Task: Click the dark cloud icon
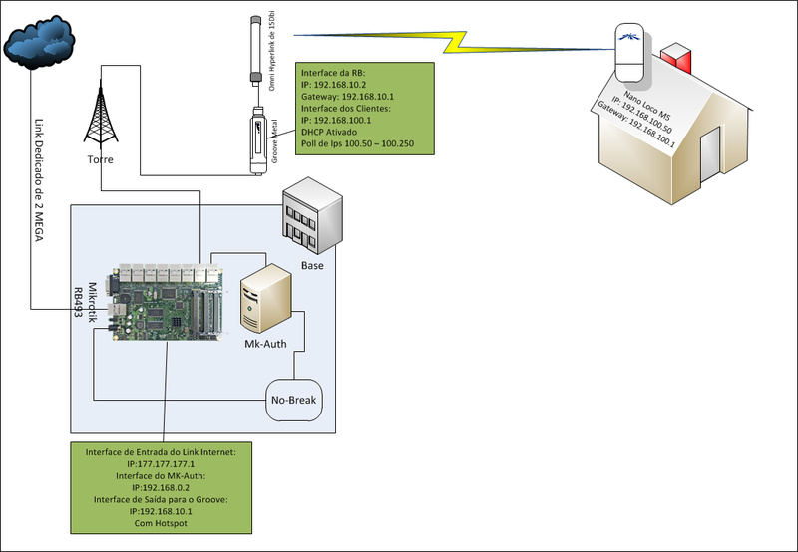click(x=39, y=42)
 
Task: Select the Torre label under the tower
click(x=99, y=159)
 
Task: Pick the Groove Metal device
click(x=256, y=139)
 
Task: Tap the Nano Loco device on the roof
click(x=629, y=55)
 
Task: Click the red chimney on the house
click(x=677, y=57)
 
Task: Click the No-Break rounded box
click(x=295, y=404)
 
